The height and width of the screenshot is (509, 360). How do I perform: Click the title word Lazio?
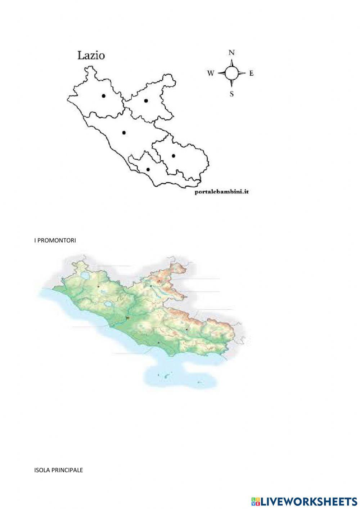pos(91,55)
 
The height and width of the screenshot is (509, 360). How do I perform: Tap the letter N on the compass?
pos(232,53)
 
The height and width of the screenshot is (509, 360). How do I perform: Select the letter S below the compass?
pos(232,94)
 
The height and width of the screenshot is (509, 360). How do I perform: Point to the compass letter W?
pos(211,73)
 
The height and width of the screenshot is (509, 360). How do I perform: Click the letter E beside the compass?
pos(252,73)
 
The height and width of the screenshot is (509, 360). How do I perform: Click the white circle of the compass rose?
pos(232,73)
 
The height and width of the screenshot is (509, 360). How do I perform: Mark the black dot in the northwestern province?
pos(104,96)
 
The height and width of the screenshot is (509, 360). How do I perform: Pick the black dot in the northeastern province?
pos(146,101)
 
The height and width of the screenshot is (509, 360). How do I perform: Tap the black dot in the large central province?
pos(124,133)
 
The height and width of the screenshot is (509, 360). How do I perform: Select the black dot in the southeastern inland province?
pos(174,156)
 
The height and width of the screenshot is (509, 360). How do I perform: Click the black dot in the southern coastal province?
pos(148,169)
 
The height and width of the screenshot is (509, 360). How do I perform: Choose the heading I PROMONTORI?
pos(55,240)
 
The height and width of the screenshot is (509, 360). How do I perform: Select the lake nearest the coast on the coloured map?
pos(108,305)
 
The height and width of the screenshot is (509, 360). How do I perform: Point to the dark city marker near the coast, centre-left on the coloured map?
pos(127,318)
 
